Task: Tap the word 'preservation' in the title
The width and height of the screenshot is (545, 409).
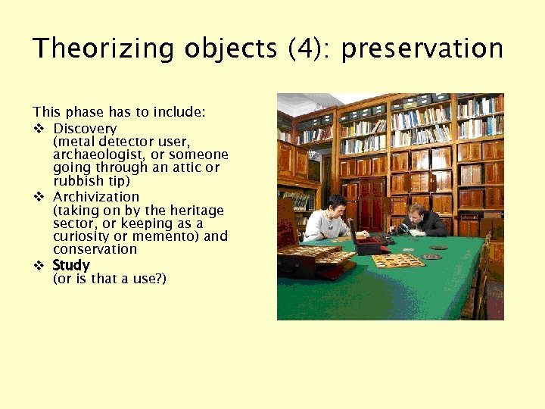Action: point(422,48)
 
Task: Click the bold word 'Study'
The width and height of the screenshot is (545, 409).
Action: point(71,265)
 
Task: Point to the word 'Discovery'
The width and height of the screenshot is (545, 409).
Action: point(85,129)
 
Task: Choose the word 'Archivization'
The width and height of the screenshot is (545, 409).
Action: point(96,197)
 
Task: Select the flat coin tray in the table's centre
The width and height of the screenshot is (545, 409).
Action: point(398,260)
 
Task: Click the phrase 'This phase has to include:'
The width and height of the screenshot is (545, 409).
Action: point(119,112)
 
